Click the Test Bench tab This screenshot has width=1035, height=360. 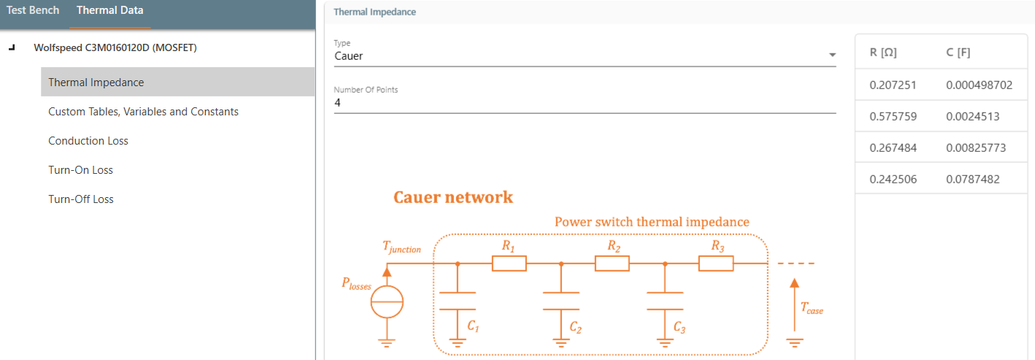coord(33,11)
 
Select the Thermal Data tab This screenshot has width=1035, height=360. coord(109,11)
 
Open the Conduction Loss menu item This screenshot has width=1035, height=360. coord(88,141)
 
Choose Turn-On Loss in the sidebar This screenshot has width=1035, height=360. coord(80,170)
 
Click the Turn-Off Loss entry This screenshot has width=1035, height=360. coord(81,199)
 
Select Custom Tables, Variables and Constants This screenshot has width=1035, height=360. coord(143,112)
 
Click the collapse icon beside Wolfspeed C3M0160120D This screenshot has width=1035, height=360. coord(11,48)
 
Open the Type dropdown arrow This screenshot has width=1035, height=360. coord(832,55)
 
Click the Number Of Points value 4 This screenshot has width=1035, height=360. coord(338,103)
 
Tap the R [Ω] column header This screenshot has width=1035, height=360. coord(883,53)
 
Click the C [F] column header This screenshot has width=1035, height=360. coord(958,53)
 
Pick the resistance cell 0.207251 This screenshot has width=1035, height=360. coord(893,85)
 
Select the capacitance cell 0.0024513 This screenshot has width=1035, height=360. coord(972,117)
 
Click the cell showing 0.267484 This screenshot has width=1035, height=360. coord(893,148)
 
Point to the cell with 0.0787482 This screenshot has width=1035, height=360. coord(972,180)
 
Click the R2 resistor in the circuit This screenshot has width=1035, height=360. coord(612,264)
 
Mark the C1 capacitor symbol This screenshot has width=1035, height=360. coord(457,301)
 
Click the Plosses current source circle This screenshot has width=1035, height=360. coord(387,302)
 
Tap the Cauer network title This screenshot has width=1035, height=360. coord(453,197)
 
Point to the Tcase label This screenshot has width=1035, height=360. coord(811,309)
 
